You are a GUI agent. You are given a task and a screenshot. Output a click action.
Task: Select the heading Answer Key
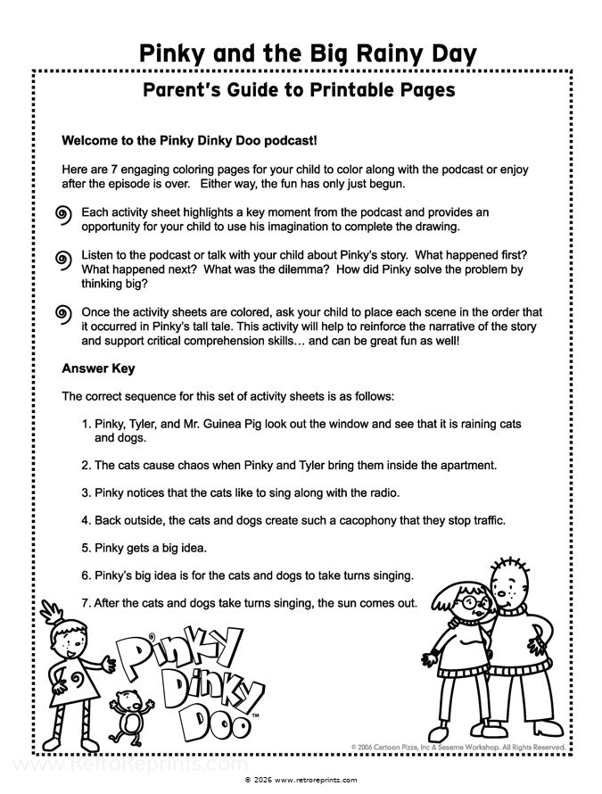(x=98, y=368)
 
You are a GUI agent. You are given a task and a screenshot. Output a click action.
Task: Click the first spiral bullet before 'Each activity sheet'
(x=62, y=215)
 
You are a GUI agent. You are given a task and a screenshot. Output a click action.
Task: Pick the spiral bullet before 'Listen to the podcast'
(x=62, y=259)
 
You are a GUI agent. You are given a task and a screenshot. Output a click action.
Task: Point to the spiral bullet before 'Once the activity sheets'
(x=62, y=313)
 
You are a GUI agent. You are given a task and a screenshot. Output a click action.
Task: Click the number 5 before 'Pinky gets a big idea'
(x=85, y=547)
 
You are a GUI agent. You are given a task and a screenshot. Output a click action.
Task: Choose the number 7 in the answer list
(x=85, y=602)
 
